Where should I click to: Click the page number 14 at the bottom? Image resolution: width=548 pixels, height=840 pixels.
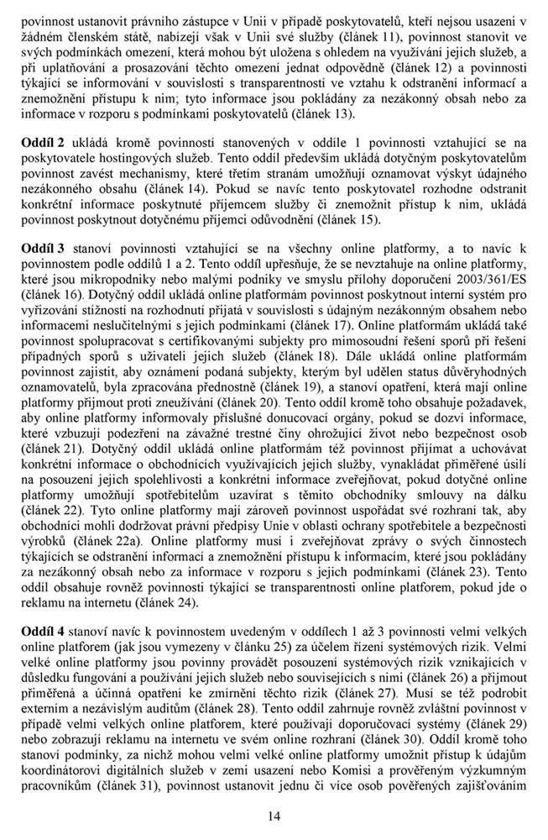274,815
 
